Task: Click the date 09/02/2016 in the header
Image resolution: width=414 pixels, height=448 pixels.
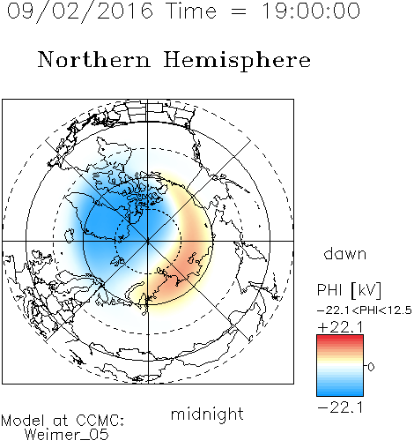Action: [x=80, y=11]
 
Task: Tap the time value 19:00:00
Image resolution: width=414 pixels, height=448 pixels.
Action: [x=311, y=11]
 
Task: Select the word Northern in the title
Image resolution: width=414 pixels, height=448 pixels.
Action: [x=94, y=60]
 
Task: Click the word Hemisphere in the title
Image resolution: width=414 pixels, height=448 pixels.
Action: [x=237, y=61]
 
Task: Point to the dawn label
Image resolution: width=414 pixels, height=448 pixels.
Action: [x=345, y=253]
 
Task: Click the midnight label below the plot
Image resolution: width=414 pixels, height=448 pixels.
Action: [x=207, y=414]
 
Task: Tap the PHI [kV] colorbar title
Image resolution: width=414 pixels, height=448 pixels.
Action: [x=349, y=290]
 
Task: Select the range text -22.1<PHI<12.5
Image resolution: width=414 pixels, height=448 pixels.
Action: [x=365, y=310]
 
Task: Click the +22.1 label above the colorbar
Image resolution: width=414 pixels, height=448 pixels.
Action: [x=340, y=327]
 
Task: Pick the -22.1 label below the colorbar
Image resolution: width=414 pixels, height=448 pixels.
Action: [x=340, y=407]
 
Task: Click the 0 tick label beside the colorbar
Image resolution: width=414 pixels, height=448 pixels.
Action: [x=371, y=367]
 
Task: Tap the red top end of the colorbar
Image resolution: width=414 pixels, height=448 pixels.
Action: [x=340, y=338]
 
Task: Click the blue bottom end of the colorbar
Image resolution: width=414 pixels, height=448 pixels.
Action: [x=340, y=393]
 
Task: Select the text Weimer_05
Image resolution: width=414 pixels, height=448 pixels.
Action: [x=67, y=435]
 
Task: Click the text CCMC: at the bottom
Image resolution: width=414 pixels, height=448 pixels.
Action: [x=100, y=421]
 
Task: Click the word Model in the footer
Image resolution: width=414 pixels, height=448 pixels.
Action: [x=23, y=421]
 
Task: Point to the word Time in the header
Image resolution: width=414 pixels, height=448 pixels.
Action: [x=191, y=11]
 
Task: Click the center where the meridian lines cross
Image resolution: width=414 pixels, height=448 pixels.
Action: [x=148, y=241]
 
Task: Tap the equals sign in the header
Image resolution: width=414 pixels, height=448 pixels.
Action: [x=239, y=11]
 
